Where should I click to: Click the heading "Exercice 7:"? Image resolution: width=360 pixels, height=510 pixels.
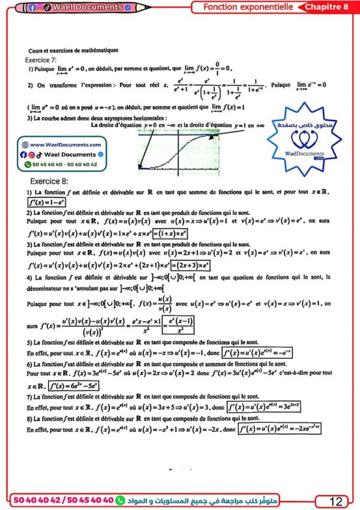41,61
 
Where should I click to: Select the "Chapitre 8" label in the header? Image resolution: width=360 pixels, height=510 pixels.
326,7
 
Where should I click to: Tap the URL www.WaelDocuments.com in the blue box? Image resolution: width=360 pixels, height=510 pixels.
65,145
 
